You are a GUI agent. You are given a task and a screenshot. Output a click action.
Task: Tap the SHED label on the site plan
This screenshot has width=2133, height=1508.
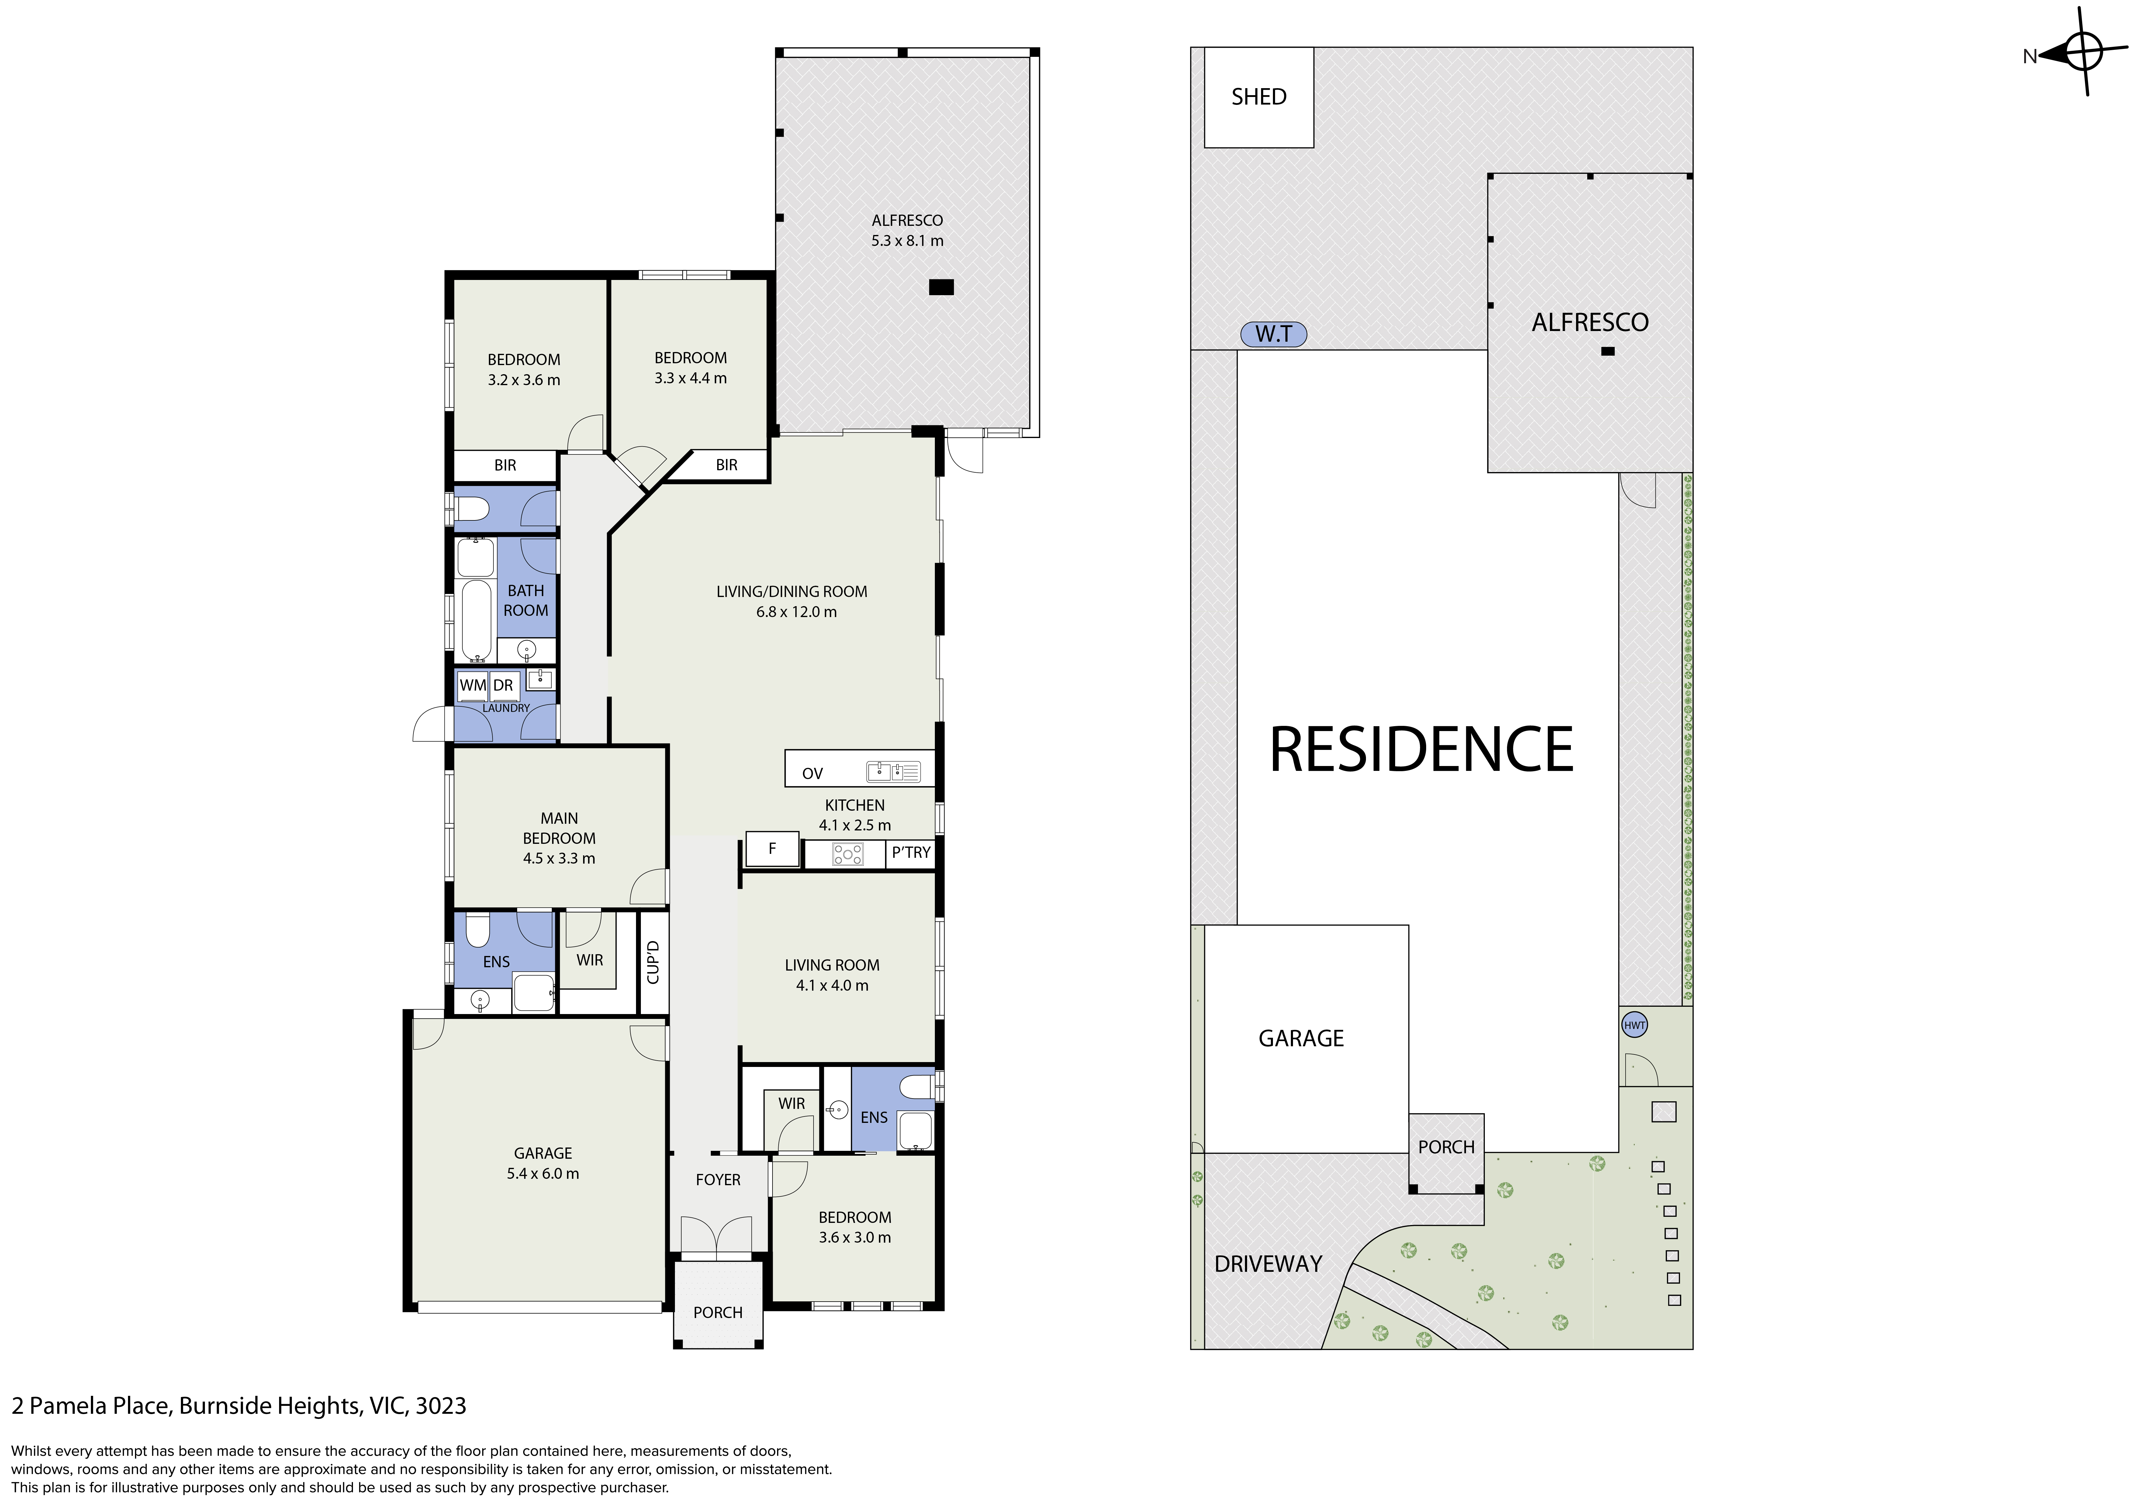click(x=1259, y=97)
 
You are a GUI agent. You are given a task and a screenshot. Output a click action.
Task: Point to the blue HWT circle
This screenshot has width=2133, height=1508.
click(x=1634, y=1026)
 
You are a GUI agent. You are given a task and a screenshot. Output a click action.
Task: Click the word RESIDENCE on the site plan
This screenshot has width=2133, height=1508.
click(x=1421, y=749)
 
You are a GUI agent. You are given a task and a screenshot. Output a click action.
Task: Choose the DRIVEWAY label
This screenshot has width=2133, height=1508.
click(x=1268, y=1264)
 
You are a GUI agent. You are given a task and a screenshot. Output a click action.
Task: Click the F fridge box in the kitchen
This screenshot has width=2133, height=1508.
click(x=772, y=849)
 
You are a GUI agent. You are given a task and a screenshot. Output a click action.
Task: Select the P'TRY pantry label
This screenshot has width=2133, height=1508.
click(x=911, y=852)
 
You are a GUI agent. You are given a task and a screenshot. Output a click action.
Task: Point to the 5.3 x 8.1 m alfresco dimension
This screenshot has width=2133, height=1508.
click(x=907, y=241)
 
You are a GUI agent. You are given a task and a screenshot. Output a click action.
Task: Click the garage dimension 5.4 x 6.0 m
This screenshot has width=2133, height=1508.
click(x=543, y=1174)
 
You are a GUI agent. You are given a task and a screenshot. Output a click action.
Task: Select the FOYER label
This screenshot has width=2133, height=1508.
click(x=718, y=1180)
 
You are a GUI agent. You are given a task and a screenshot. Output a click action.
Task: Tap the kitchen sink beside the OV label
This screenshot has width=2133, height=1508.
click(x=893, y=771)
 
